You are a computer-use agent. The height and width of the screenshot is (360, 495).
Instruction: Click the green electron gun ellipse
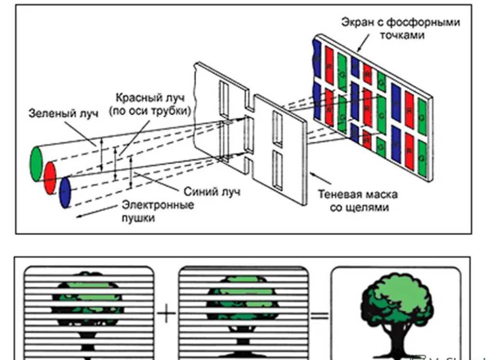coord(36,164)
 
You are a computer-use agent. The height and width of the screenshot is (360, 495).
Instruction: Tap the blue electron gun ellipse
coord(65,192)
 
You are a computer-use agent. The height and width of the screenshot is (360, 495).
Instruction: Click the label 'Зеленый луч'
coord(63,114)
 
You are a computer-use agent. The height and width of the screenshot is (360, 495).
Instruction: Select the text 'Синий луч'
coord(212,191)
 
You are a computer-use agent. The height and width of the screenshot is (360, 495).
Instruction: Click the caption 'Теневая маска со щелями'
coord(358,201)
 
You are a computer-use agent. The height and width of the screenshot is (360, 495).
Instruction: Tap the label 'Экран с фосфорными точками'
coord(401,28)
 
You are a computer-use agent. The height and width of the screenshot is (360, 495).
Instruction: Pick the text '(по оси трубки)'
coord(150,111)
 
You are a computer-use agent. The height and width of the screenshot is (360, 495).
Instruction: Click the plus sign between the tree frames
coord(167,314)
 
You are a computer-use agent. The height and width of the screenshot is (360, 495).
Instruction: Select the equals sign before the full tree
coord(319,316)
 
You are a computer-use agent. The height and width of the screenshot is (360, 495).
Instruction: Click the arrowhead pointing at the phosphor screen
coord(359,50)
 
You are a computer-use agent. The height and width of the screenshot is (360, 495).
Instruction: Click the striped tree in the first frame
coord(89,308)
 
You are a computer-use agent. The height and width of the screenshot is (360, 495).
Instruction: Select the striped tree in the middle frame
coord(243,308)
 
